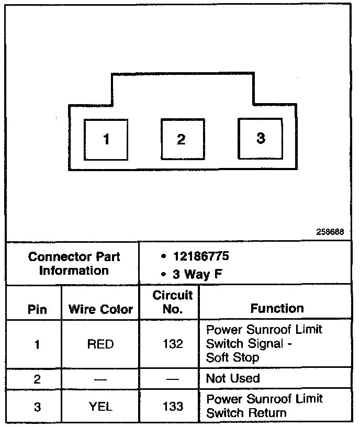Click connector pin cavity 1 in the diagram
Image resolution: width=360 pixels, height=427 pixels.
coord(106,139)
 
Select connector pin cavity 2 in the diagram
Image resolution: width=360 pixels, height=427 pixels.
coord(181,139)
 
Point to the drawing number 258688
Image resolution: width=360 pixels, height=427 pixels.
coord(330,232)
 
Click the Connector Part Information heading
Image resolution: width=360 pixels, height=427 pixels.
coord(74,264)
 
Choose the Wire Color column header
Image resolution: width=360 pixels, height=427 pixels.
coord(101,309)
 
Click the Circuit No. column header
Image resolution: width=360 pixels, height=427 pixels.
coord(173,302)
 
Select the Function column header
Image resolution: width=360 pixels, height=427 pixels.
coord(277,308)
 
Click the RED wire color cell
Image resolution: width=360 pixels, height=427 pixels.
coord(101,344)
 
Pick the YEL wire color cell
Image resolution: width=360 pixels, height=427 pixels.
coord(101,406)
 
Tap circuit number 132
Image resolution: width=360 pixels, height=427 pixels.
coord(173,344)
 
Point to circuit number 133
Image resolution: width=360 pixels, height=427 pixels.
coord(173,406)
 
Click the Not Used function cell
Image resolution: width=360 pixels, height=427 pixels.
coord(233,378)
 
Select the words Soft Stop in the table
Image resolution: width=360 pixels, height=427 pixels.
coord(233,358)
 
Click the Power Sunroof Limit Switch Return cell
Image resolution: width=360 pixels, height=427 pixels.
coord(264,406)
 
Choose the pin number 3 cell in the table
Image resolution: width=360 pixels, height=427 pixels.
coord(37,406)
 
